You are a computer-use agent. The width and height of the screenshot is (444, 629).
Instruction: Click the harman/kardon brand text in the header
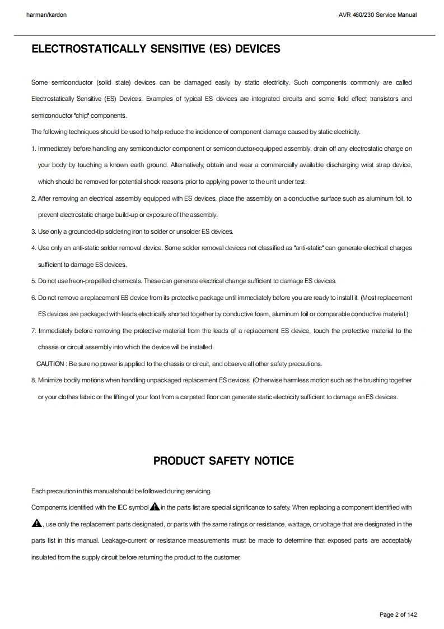46,15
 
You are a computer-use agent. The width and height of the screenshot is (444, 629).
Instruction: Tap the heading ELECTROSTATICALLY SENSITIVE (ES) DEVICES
156,49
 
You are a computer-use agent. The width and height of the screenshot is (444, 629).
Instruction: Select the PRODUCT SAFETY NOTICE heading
223,461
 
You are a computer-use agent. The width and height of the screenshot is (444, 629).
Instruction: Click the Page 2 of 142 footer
398,614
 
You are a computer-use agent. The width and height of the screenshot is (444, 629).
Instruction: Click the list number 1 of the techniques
34,149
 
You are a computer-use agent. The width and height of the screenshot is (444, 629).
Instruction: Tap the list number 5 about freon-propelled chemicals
34,281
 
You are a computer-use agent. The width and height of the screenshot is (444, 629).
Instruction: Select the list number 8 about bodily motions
34,380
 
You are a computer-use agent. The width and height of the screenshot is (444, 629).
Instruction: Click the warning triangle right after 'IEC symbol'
155,507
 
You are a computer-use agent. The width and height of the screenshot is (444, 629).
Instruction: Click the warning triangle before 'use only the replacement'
37,524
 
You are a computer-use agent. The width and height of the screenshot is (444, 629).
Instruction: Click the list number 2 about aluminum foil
34,198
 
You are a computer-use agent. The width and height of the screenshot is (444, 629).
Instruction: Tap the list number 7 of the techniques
34,331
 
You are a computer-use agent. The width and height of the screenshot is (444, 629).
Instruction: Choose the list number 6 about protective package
34,297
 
